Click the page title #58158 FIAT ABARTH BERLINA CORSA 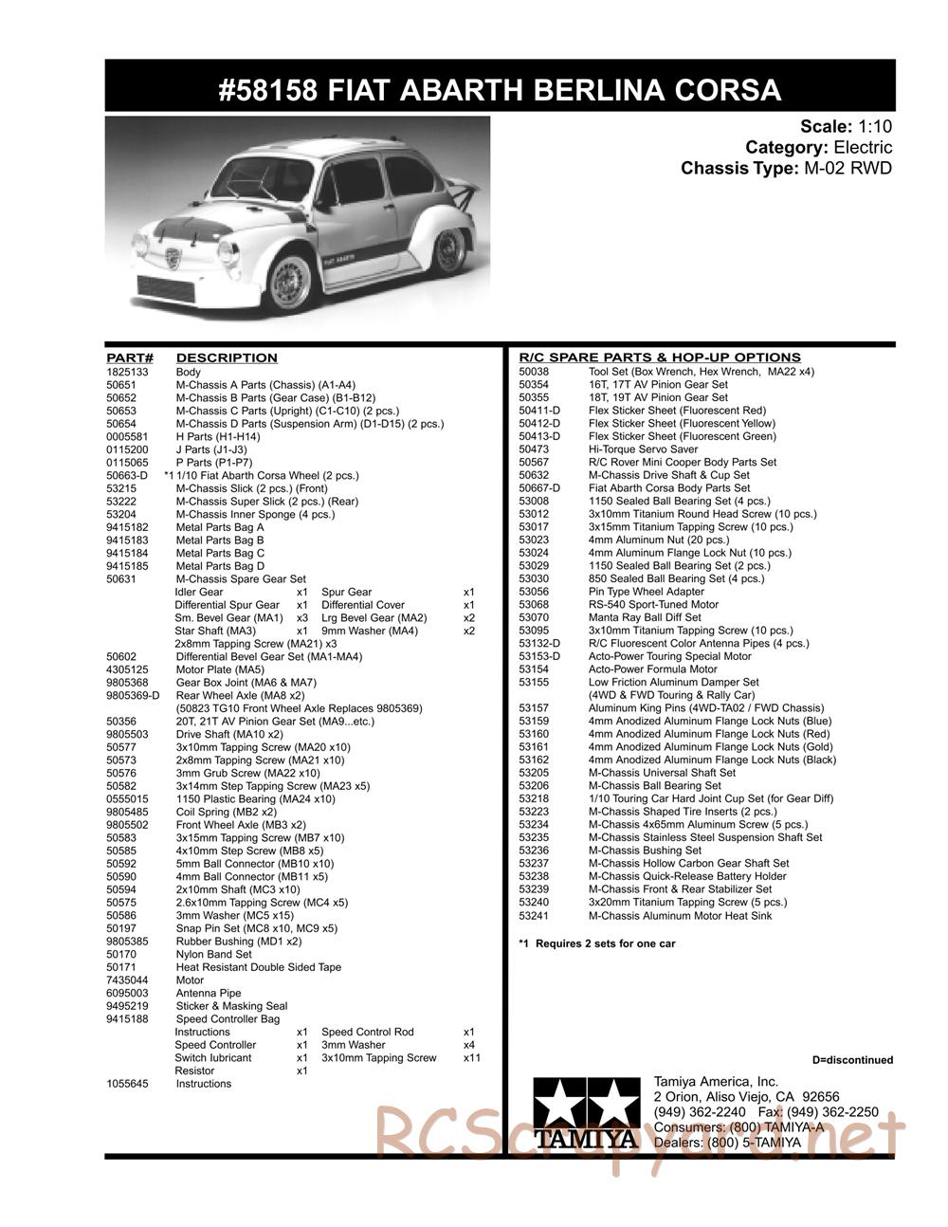click(500, 90)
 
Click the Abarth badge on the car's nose click(173, 259)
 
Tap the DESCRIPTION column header click(227, 357)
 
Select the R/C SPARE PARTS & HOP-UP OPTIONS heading click(660, 357)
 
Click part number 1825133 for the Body click(127, 372)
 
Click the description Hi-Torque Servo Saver click(643, 449)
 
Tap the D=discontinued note click(852, 1060)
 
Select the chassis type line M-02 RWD click(786, 169)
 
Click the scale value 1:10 click(875, 126)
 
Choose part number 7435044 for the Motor click(127, 980)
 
